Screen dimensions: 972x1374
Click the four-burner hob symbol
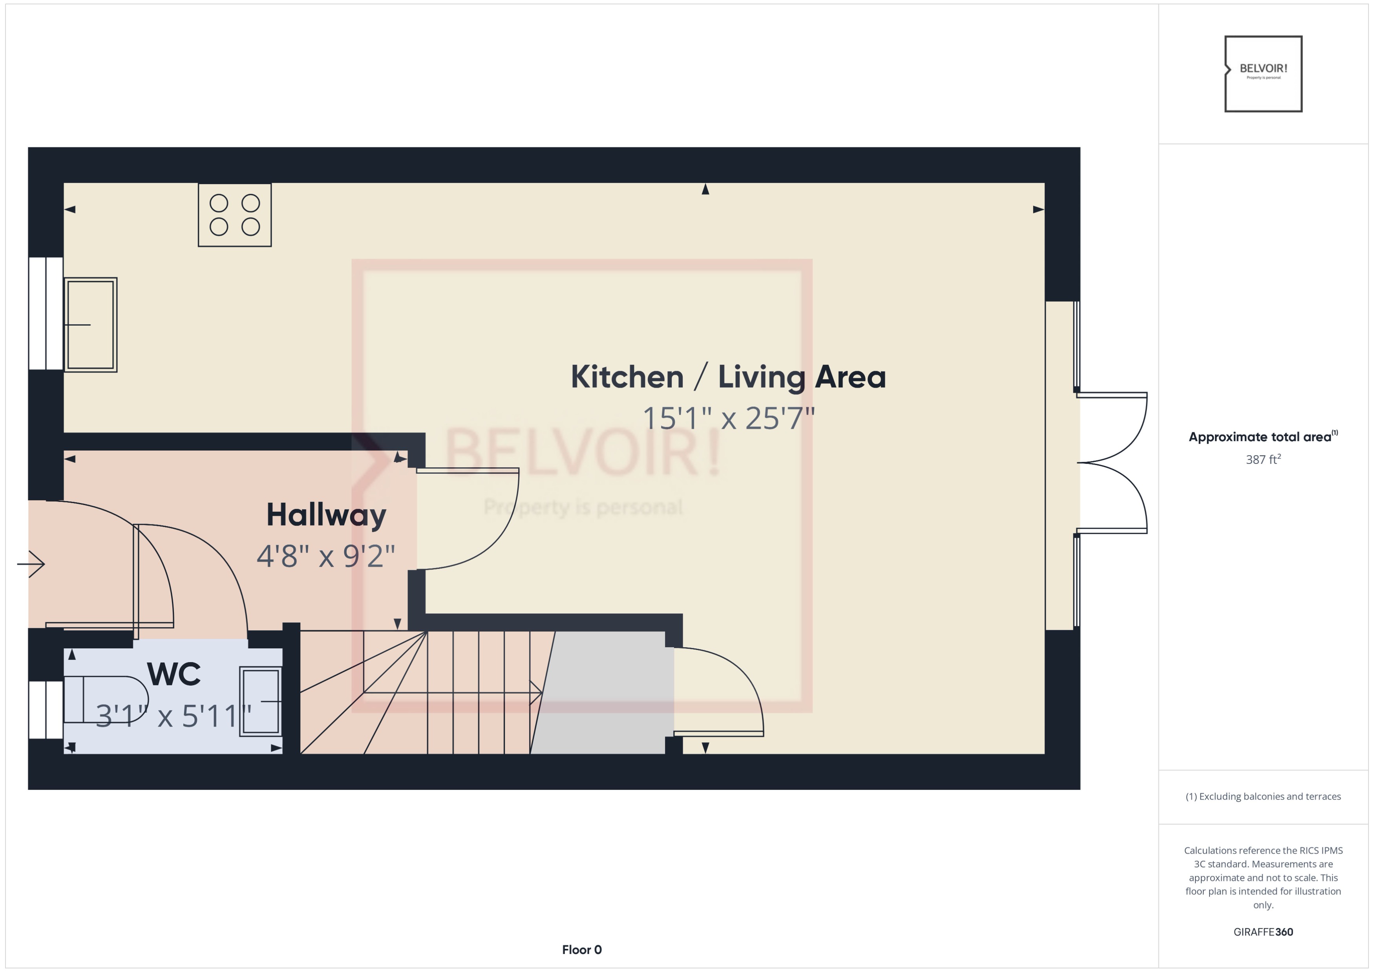[x=235, y=215]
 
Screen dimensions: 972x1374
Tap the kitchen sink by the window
[x=90, y=325]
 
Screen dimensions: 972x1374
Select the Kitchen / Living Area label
[x=728, y=377]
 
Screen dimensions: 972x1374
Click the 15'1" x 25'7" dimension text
[x=728, y=418]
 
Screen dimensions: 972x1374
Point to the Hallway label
[x=326, y=515]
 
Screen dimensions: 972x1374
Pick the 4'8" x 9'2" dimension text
[x=326, y=556]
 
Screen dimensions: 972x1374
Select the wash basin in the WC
[x=260, y=701]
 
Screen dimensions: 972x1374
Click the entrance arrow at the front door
[x=31, y=564]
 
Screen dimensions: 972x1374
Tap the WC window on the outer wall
[x=46, y=710]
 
